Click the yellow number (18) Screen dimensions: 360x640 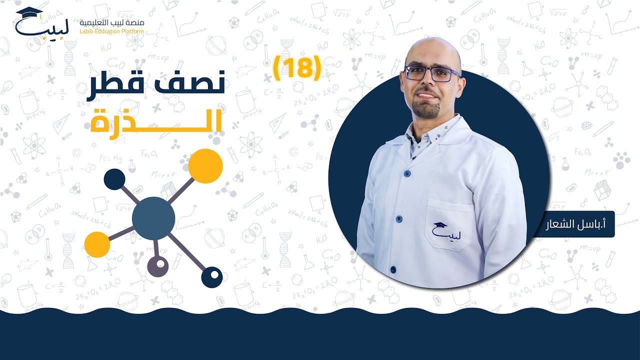click(297, 67)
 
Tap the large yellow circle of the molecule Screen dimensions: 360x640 click(205, 166)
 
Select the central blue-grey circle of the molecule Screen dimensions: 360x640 click(153, 218)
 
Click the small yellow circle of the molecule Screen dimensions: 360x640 click(97, 244)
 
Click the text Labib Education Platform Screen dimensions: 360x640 click(112, 31)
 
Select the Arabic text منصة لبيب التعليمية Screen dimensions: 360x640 click(112, 22)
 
